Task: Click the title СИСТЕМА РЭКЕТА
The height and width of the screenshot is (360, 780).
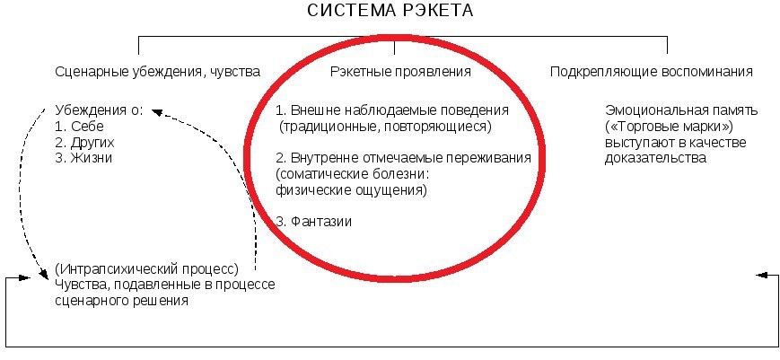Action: (x=390, y=12)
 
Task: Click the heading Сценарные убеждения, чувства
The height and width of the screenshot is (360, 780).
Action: (x=158, y=71)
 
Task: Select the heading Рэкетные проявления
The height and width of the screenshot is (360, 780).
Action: (x=400, y=71)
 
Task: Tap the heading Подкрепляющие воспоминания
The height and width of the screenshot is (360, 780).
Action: (x=652, y=71)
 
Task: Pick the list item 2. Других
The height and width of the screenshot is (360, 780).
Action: (x=85, y=142)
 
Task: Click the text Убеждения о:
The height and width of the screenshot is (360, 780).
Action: (x=99, y=110)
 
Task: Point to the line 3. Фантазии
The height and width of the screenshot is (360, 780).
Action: (x=314, y=221)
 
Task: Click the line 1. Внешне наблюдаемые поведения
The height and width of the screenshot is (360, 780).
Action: (x=392, y=110)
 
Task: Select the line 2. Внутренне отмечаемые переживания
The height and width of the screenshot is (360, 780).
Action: (x=403, y=158)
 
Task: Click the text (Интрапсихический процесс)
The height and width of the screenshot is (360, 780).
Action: (x=145, y=269)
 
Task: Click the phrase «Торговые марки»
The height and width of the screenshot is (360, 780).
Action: (x=660, y=127)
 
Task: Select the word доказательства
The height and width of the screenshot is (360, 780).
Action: (x=656, y=158)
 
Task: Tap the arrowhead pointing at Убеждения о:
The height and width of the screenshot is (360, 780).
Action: (x=154, y=111)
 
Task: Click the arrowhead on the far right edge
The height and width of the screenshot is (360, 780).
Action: (x=761, y=275)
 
